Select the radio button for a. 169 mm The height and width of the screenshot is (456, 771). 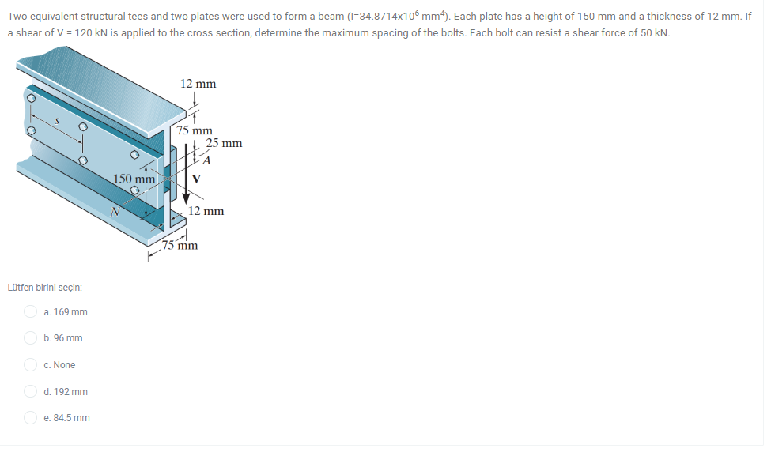[x=30, y=312]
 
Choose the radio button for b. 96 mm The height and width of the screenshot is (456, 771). [x=30, y=338]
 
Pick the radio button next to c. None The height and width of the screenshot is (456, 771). [x=30, y=365]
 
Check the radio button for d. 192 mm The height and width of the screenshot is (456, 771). [x=30, y=392]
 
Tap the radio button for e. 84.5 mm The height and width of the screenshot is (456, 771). [x=30, y=418]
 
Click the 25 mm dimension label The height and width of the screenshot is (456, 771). [x=224, y=143]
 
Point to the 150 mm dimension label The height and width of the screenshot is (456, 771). [x=134, y=179]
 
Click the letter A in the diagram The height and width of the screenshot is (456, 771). [x=207, y=160]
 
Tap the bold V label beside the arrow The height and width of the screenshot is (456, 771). [x=197, y=178]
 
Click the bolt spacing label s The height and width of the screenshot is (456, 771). [x=56, y=120]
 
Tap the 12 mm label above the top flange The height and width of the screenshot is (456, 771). [x=198, y=84]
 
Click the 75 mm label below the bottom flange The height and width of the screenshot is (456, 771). [x=180, y=245]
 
